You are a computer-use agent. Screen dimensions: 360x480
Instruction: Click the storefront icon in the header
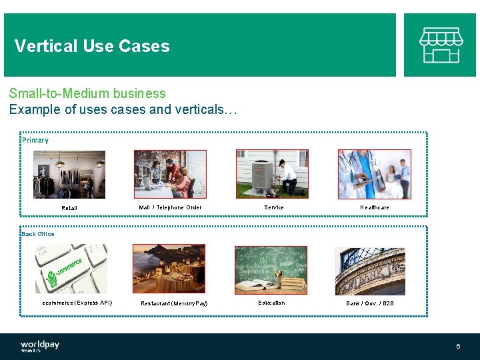pyautogui.click(x=441, y=45)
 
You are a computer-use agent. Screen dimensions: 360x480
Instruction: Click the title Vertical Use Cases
pyautogui.click(x=92, y=46)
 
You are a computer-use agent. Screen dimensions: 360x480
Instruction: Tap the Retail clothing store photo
pyautogui.click(x=69, y=175)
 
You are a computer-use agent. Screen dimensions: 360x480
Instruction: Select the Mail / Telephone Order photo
pyautogui.click(x=170, y=174)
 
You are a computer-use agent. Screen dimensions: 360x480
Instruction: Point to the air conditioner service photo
pyautogui.click(x=272, y=173)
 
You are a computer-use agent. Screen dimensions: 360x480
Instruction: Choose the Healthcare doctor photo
pyautogui.click(x=374, y=174)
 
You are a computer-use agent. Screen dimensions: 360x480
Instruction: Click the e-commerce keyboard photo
pyautogui.click(x=71, y=269)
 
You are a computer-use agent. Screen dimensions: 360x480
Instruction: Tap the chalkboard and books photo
pyautogui.click(x=271, y=269)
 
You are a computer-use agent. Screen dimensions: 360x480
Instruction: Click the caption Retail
pyautogui.click(x=69, y=208)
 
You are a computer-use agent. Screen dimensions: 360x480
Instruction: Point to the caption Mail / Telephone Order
pyautogui.click(x=170, y=207)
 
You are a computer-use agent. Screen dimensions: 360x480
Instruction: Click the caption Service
pyautogui.click(x=273, y=207)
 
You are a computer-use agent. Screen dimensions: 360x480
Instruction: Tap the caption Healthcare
pyautogui.click(x=375, y=207)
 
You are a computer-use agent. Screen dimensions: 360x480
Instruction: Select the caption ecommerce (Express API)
pyautogui.click(x=77, y=303)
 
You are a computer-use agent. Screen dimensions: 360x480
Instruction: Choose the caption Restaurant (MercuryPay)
pyautogui.click(x=174, y=303)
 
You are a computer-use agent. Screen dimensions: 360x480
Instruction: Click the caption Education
pyautogui.click(x=271, y=303)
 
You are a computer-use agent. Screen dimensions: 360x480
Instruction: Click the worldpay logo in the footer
pyautogui.click(x=40, y=346)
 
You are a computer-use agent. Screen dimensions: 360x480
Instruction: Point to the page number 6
pyautogui.click(x=458, y=347)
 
